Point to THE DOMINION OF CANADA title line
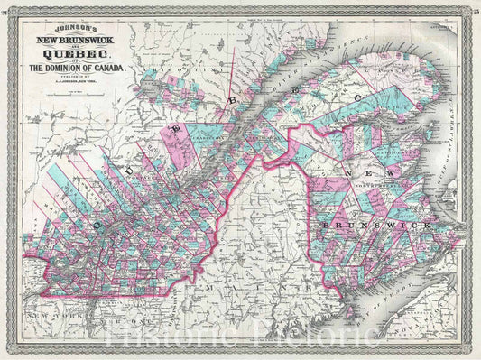[84, 69]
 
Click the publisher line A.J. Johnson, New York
[84, 82]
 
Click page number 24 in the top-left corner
[5, 5]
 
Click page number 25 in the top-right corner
[475, 5]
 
